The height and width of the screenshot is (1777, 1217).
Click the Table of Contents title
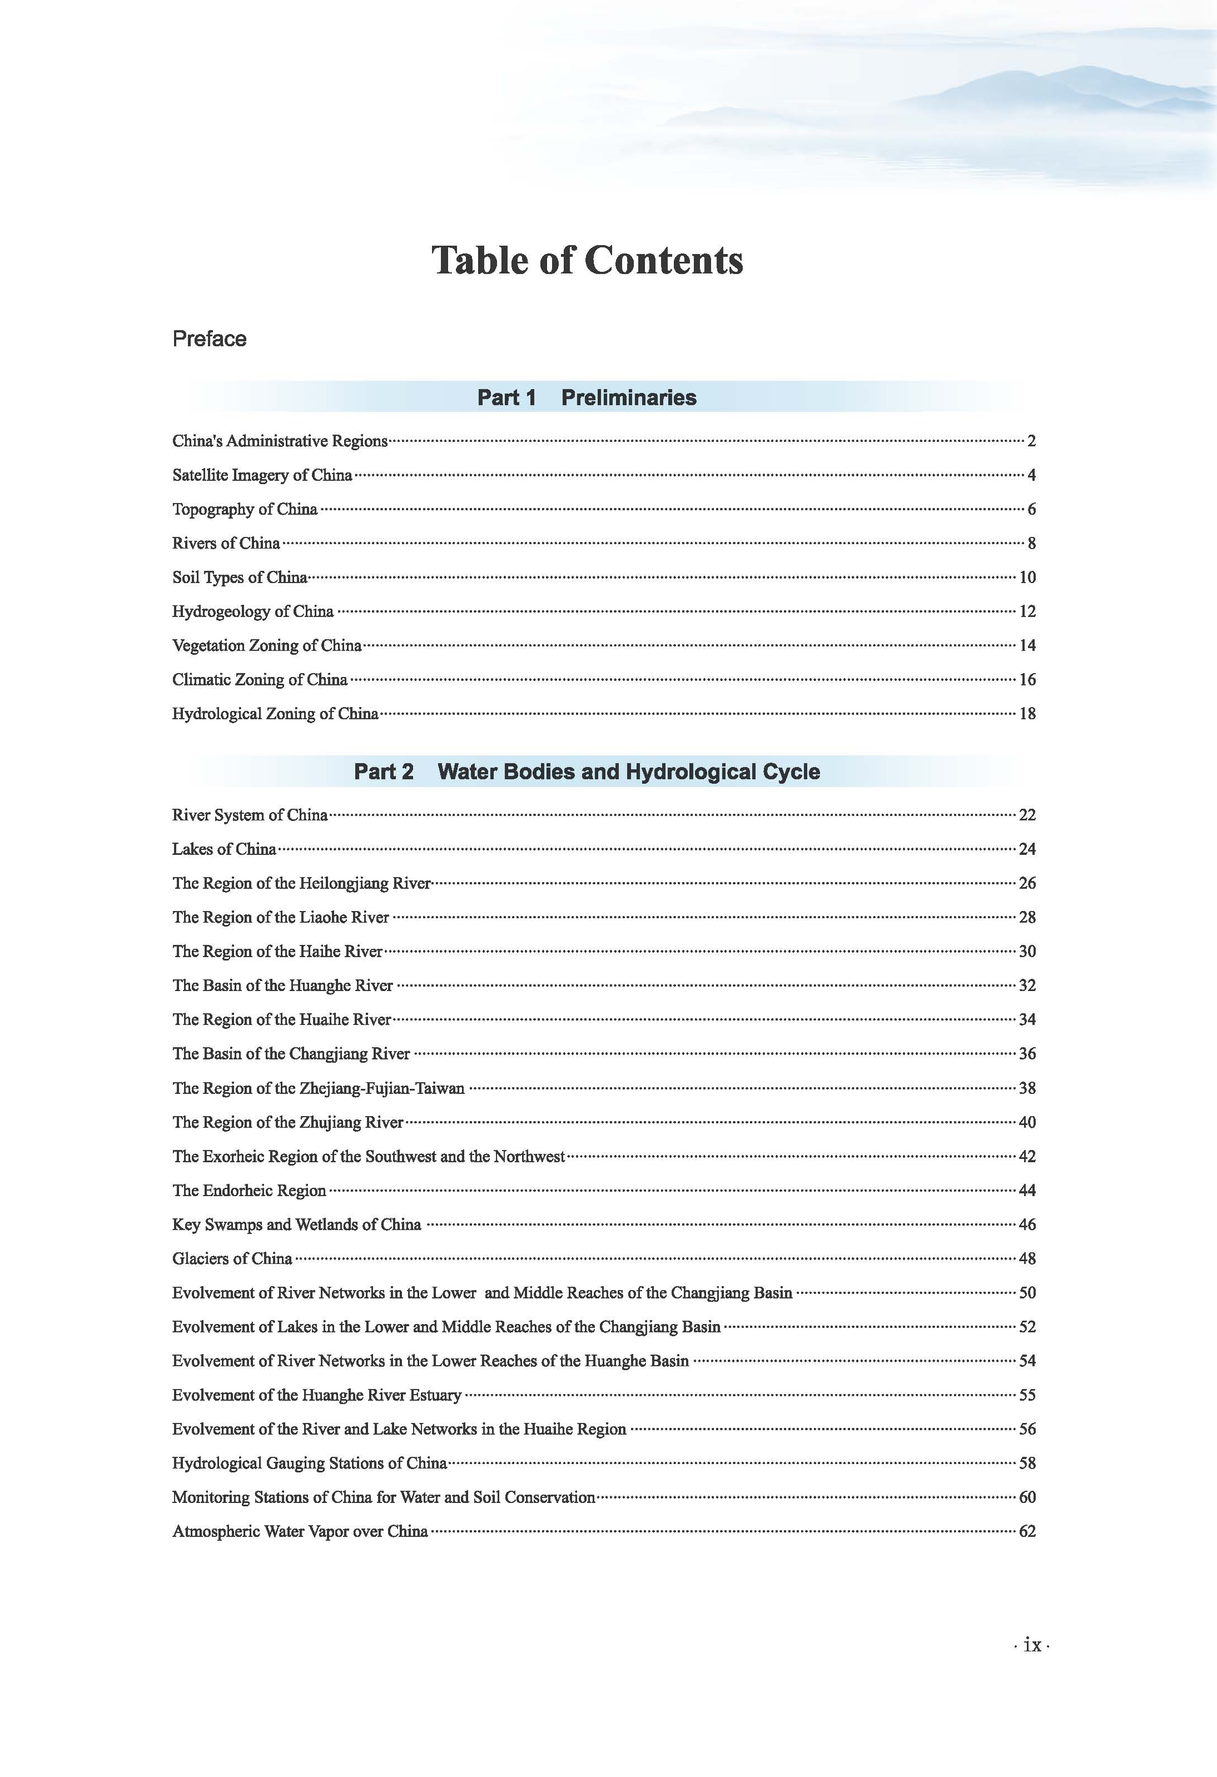coord(587,260)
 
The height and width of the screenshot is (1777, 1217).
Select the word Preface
coord(209,339)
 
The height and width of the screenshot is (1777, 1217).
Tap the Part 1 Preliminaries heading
coord(587,397)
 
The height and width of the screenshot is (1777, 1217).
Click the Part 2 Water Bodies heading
coord(587,771)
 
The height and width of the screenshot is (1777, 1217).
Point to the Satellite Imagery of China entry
coord(262,475)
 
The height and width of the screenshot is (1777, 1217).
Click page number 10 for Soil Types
coord(1027,578)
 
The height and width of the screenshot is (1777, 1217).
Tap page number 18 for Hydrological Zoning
coord(1027,713)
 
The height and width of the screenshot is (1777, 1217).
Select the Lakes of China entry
coord(224,849)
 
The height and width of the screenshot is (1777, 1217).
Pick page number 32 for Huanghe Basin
coord(1027,985)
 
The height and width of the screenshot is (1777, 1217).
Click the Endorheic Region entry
coord(250,1191)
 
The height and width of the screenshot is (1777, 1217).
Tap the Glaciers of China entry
coord(232,1258)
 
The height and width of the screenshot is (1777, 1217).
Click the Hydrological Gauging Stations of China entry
coord(310,1463)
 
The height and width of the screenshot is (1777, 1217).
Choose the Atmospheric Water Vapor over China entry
coord(300,1531)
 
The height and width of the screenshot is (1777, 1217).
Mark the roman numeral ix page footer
coord(1032,1645)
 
